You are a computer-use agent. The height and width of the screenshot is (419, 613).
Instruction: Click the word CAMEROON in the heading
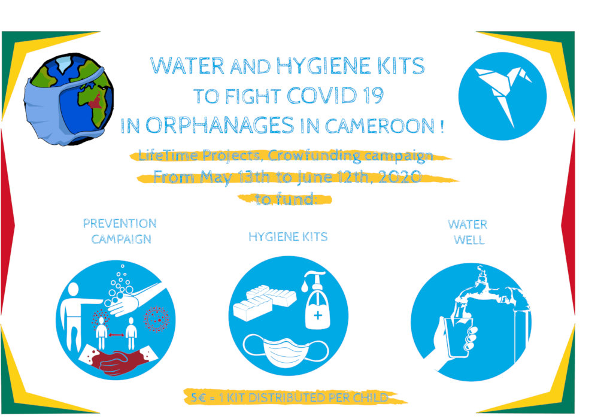click(379, 126)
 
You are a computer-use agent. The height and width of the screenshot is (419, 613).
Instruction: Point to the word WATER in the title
click(187, 66)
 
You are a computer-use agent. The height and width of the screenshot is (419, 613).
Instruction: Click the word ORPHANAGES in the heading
click(219, 126)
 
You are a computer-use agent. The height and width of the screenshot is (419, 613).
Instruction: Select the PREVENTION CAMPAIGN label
click(120, 231)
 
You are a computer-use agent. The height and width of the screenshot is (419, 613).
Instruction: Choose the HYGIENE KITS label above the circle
click(288, 236)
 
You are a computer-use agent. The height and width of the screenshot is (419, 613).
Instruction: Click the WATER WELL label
click(468, 232)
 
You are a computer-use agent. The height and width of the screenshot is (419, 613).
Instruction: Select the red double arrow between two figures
click(116, 335)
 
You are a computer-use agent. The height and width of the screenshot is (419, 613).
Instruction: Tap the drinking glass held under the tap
click(458, 337)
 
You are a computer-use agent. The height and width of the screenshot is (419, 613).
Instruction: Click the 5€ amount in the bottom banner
click(198, 398)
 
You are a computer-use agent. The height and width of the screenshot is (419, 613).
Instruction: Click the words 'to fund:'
click(285, 199)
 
